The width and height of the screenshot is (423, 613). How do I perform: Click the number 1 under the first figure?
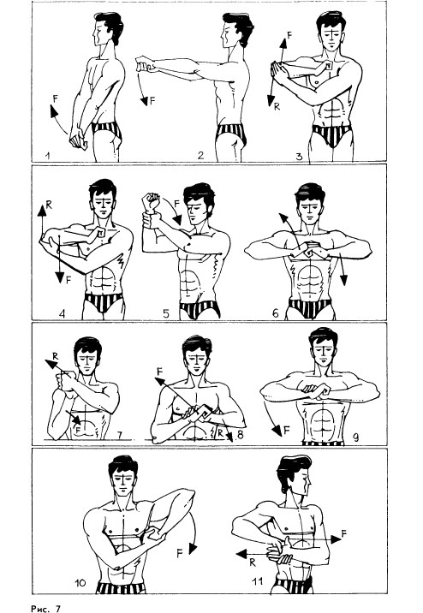[x=47, y=156]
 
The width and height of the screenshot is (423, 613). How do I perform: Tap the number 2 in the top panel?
[x=200, y=156]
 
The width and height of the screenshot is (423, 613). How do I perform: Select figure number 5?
[x=166, y=313]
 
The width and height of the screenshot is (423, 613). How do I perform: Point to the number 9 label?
[x=355, y=437]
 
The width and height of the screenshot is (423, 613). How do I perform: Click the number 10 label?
[x=80, y=583]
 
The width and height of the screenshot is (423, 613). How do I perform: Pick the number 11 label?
[x=258, y=581]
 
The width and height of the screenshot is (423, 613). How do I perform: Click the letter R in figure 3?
[x=277, y=106]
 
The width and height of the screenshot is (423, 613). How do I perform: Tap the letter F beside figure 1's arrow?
[x=55, y=98]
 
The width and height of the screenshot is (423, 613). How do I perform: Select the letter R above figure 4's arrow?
[x=49, y=204]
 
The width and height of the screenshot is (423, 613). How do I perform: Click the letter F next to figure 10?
[x=180, y=553]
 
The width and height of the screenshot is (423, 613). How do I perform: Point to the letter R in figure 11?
[x=252, y=562]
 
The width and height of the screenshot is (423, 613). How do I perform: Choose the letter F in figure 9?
[x=287, y=431]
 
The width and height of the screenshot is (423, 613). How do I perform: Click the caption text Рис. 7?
[x=45, y=609]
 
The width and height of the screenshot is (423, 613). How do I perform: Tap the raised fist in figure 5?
[x=152, y=202]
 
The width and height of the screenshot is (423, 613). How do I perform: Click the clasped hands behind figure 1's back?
[x=79, y=140]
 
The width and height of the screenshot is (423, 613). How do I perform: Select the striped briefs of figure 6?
[x=310, y=307]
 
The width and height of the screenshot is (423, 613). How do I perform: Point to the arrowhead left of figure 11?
[x=241, y=554]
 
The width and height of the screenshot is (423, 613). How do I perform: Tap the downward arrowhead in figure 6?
[x=343, y=280]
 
